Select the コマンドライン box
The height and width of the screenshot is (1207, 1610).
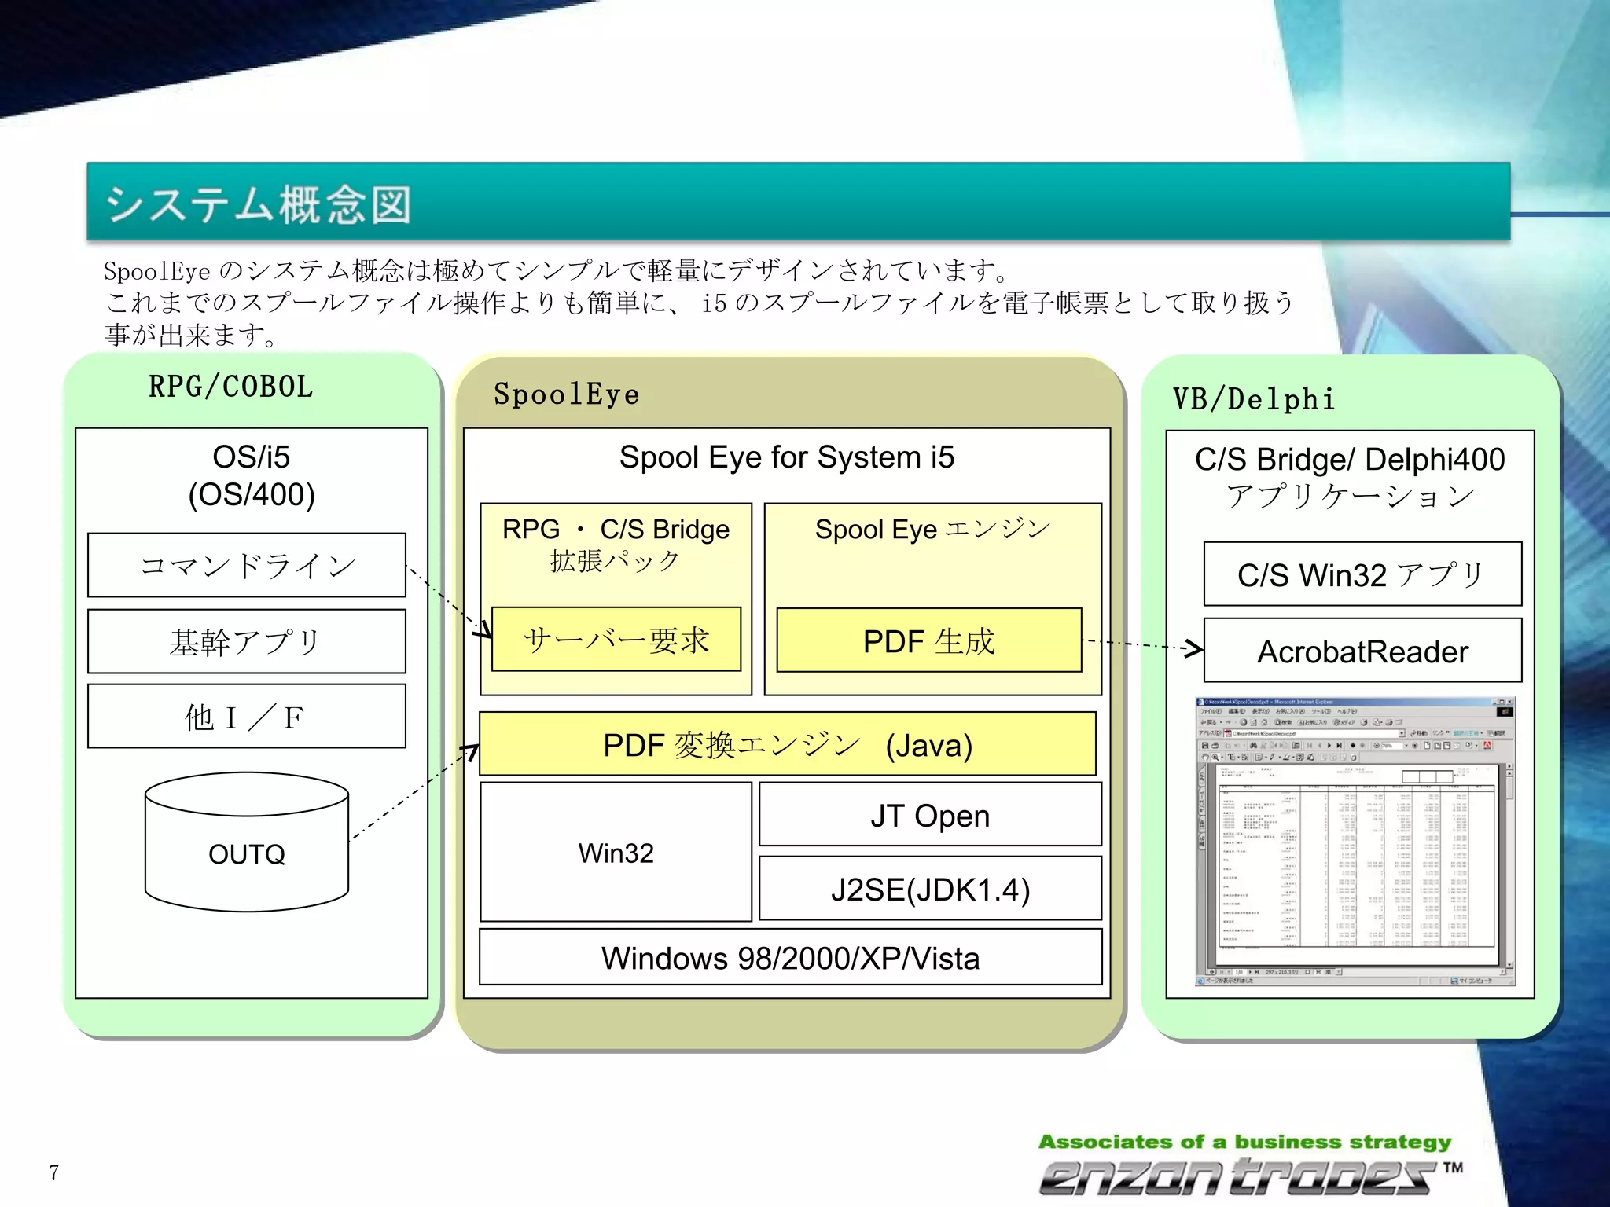(x=247, y=566)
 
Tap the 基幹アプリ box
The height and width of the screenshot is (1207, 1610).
(x=247, y=641)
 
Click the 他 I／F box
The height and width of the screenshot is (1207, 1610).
(x=247, y=716)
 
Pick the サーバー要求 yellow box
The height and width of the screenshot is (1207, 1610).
(x=616, y=640)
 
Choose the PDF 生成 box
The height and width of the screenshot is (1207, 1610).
(x=928, y=640)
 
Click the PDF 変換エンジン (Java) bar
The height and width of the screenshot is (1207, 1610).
(x=787, y=744)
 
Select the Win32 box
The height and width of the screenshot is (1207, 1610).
(x=616, y=852)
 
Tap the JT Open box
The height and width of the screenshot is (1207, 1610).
(x=930, y=815)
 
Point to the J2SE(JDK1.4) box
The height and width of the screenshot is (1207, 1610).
(x=930, y=889)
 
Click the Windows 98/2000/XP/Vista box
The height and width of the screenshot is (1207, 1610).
(x=790, y=957)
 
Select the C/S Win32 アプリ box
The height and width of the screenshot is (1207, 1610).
(x=1362, y=574)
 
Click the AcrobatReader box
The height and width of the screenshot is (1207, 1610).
(x=1362, y=651)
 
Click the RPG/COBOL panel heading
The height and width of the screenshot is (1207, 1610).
(x=231, y=387)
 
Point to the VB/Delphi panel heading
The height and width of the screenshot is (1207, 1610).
(x=1253, y=399)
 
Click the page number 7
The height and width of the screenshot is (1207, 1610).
(x=53, y=1172)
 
